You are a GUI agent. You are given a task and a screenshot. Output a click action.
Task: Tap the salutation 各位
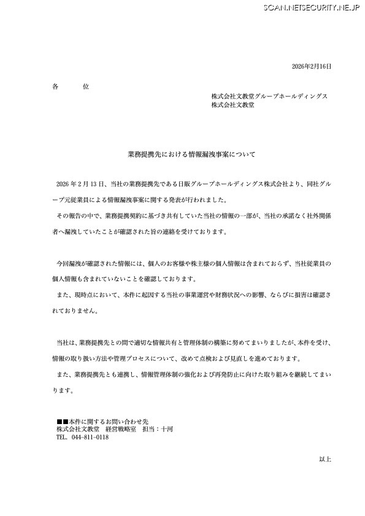71,87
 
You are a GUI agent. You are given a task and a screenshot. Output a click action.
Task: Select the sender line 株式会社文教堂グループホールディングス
269,96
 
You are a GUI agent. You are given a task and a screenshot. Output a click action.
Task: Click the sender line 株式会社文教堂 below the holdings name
233,105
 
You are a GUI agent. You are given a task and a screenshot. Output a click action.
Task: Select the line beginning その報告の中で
193,216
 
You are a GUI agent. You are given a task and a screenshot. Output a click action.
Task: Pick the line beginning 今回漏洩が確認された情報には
193,263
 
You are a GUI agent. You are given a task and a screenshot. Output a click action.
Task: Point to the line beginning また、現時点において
193,295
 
